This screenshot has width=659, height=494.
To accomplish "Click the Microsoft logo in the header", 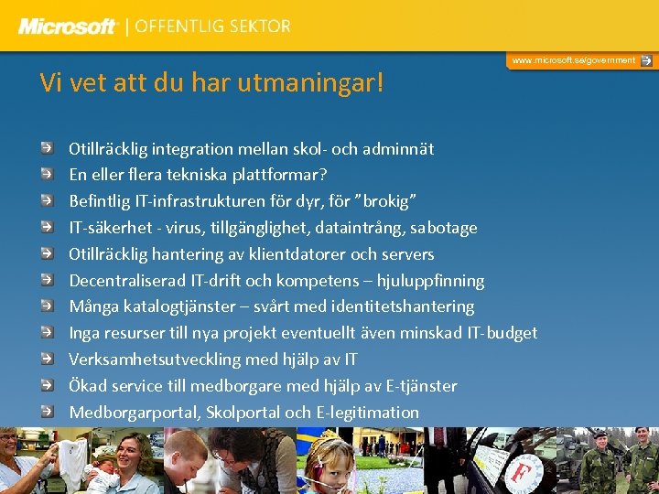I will pyautogui.click(x=69, y=27).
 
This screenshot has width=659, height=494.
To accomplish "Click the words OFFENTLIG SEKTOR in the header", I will pyautogui.click(x=212, y=27).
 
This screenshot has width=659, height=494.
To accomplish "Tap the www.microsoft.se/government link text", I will pyautogui.click(x=573, y=60).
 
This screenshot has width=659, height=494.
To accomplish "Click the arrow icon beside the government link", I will pyautogui.click(x=646, y=60).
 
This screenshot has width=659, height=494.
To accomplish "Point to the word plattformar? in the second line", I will pyautogui.click(x=282, y=175).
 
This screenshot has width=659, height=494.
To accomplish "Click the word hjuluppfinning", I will pyautogui.click(x=430, y=281).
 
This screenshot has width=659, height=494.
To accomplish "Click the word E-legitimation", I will pyautogui.click(x=367, y=413).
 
